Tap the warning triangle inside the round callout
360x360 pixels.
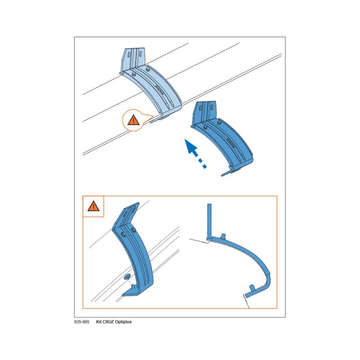point(133,120)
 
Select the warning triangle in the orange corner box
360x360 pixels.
point(93,206)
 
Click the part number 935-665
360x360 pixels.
point(81,322)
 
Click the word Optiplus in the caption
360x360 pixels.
point(123,322)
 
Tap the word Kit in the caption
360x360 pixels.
point(99,322)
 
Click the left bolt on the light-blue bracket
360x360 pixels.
point(133,74)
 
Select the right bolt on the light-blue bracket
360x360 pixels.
point(148,68)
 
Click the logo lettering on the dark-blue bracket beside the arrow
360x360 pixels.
point(231,143)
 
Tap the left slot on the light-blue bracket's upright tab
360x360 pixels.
point(130,55)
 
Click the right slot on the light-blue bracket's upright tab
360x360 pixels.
point(140,54)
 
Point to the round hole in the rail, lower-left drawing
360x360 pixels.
point(127,277)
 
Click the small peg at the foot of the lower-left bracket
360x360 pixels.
point(133,287)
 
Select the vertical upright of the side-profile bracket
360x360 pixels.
point(209,221)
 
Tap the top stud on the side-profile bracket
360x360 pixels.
point(223,236)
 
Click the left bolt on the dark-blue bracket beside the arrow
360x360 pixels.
point(205,127)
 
